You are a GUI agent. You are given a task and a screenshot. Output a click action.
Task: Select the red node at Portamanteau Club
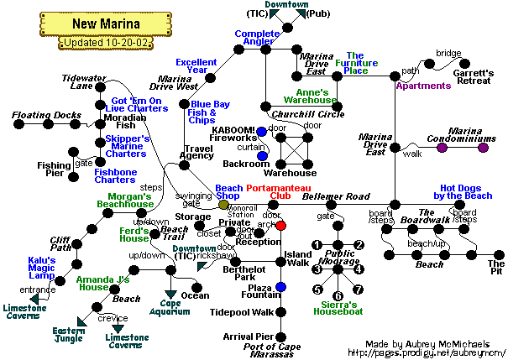point(281,226)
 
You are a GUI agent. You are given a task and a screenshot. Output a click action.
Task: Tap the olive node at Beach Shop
point(223,205)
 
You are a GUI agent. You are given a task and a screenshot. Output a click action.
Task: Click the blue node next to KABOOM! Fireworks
point(262,132)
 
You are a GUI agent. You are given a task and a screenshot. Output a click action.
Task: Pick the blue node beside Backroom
point(262,156)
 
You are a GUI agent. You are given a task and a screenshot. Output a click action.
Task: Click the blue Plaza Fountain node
point(281,288)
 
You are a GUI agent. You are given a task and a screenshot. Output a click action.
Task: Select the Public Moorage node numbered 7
point(359,290)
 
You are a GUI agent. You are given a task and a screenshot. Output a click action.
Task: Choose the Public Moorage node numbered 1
point(317,245)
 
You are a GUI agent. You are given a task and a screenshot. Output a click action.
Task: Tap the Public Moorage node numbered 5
point(317,290)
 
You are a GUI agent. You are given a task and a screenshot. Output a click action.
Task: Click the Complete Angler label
point(257,38)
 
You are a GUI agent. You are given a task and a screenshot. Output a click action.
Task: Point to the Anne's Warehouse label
point(316,96)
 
